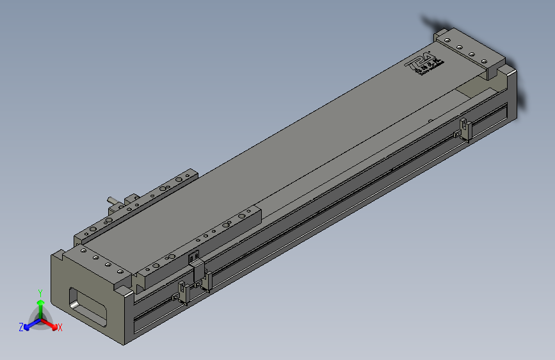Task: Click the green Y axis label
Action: click(40, 292)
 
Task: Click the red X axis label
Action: click(60, 327)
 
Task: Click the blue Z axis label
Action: click(21, 327)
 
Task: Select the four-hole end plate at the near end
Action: click(96, 261)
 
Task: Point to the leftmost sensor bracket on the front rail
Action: click(183, 291)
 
